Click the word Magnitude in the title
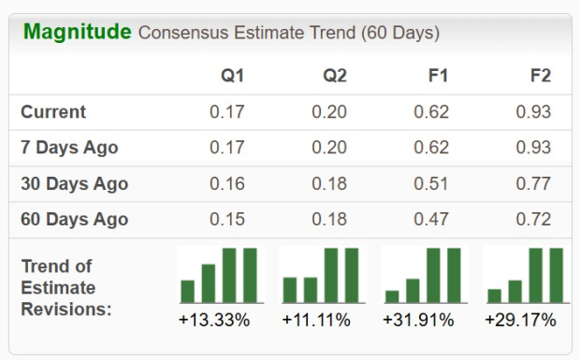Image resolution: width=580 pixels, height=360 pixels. pos(77,32)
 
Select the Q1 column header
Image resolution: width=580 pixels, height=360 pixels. pos(232,76)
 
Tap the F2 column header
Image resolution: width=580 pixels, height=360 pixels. pos(540,76)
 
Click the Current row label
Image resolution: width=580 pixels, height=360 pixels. pos(53,112)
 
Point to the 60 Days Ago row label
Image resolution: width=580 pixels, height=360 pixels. pos(74,220)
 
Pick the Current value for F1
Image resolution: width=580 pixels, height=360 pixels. pos(431,112)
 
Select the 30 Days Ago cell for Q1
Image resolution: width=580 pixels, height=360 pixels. pos(228,184)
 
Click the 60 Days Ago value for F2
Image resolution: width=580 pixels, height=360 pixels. pos(534,220)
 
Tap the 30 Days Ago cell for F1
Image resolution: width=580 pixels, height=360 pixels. pos(431,184)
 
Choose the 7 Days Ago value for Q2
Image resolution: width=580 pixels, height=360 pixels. pos(329,148)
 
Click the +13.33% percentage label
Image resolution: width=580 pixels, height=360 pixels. pos(214,321)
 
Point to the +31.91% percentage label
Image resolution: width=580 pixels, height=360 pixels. pos(418,321)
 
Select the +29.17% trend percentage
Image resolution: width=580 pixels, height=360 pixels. pos(520,321)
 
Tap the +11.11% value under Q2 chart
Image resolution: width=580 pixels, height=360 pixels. pos(316,321)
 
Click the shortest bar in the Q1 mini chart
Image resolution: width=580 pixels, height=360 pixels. pos(188,291)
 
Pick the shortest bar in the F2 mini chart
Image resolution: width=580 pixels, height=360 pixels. pos(495,295)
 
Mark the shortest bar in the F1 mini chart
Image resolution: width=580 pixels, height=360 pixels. pos(392,295)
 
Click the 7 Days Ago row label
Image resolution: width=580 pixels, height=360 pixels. pos(69,148)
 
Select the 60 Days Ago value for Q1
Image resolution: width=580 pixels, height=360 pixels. pos(228,220)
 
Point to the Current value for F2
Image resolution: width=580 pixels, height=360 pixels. pos(534,112)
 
